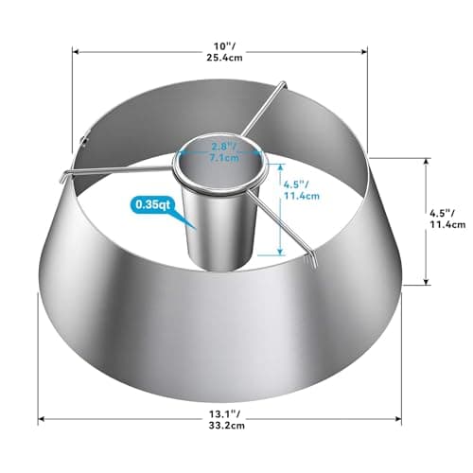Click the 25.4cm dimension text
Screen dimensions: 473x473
click(225, 58)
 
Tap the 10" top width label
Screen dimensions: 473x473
click(225, 46)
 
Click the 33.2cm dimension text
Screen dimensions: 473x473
click(226, 426)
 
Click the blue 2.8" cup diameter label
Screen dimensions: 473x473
click(224, 147)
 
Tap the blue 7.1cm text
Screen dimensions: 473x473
click(224, 158)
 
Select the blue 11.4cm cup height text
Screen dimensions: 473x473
click(302, 196)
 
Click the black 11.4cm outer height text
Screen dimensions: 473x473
click(447, 224)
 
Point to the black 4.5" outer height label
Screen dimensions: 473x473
click(442, 213)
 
